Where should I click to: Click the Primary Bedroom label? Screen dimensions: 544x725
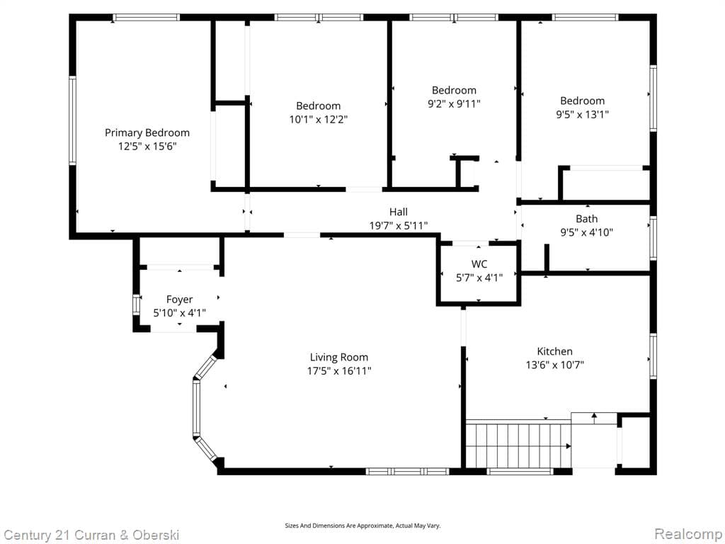[147, 132]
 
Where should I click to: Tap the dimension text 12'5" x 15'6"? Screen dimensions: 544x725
[147, 146]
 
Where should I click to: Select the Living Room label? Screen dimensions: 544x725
[339, 357]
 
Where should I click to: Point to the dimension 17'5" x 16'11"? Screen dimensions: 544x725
[339, 370]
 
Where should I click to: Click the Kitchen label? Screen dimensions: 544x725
[554, 351]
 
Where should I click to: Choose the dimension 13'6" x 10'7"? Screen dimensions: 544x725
[554, 365]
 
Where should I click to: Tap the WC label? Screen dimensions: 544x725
[479, 264]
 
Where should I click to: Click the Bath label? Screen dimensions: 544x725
[586, 219]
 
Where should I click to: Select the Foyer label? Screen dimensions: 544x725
[180, 300]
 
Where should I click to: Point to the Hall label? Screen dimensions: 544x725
[399, 212]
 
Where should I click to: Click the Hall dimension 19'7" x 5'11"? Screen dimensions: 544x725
[399, 225]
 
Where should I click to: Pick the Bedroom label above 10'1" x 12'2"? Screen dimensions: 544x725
[318, 106]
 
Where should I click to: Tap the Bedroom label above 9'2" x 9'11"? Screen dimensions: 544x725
[454, 90]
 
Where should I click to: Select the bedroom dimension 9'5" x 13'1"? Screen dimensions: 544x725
[583, 114]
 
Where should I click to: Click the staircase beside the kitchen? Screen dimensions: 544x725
[518, 445]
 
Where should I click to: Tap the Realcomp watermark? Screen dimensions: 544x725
[687, 533]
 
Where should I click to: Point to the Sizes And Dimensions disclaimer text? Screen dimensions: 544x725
[362, 526]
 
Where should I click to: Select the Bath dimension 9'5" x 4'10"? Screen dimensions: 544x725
[586, 232]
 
